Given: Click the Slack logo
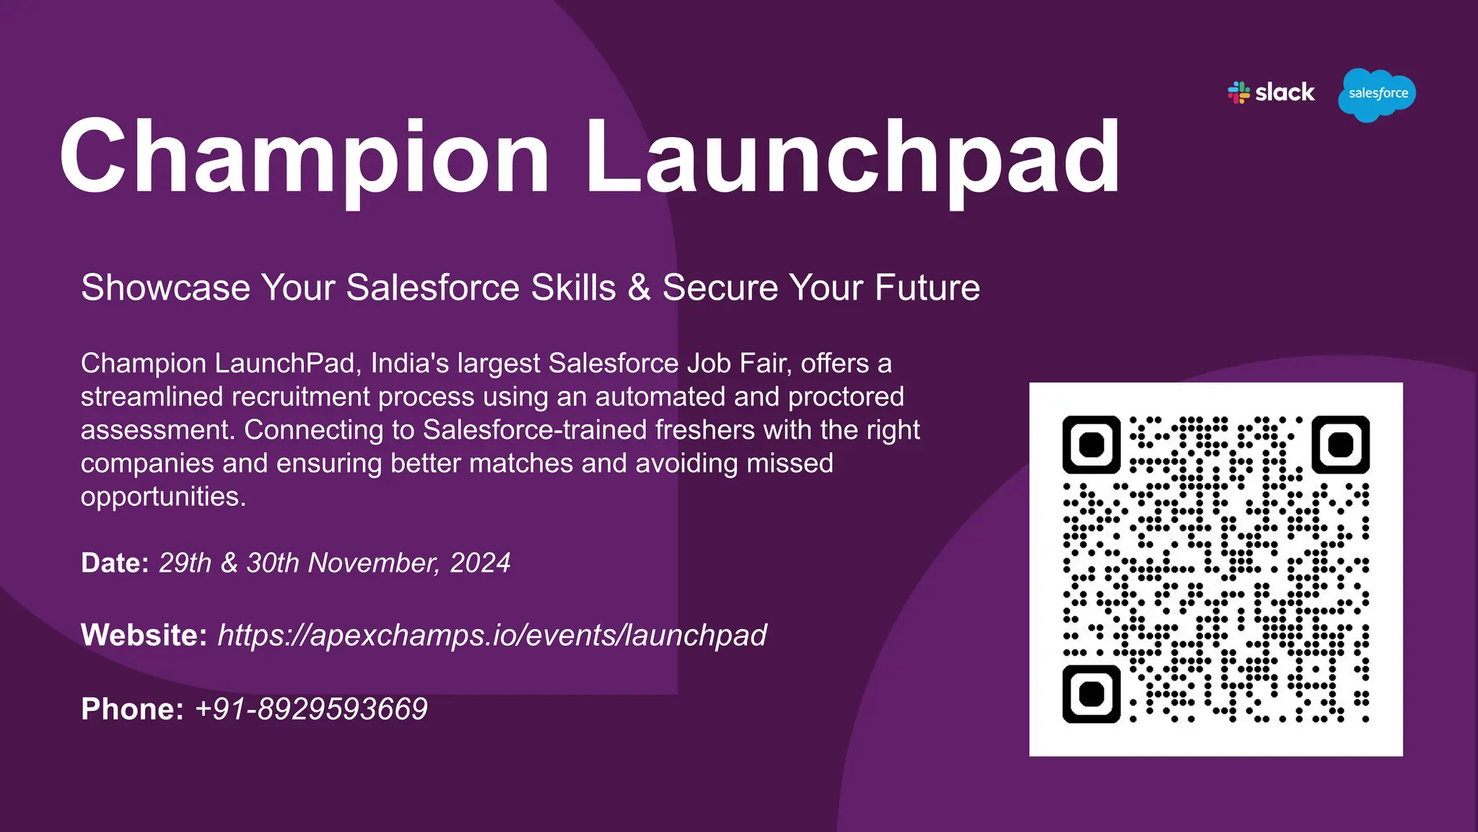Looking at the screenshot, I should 1271,93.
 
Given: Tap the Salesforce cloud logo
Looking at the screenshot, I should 1377,95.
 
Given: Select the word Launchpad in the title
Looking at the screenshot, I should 852,157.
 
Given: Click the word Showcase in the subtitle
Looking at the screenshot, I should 165,287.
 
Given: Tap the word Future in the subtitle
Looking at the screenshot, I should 927,287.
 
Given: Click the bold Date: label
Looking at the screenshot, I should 115,563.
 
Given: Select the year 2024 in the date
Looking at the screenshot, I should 480,563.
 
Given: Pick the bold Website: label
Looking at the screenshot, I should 144,635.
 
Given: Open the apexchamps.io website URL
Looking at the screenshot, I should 492,636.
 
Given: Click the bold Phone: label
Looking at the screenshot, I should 132,709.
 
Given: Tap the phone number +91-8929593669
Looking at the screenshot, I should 311,709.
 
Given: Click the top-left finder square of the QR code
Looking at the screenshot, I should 1091,445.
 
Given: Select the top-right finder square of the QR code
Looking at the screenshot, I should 1340,445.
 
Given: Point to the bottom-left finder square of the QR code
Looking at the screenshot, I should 1091,693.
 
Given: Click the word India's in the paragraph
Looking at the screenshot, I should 410,363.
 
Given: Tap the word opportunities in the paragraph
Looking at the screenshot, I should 163,497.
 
